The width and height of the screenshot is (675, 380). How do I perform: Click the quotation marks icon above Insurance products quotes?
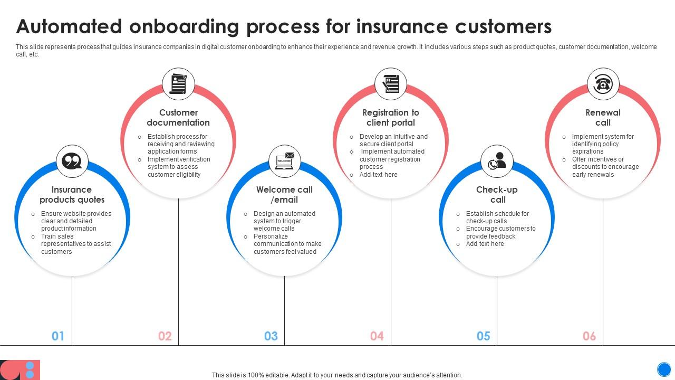tap(72, 161)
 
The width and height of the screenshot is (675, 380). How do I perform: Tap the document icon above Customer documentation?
tap(178, 84)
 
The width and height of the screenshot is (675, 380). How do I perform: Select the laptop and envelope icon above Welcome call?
tap(285, 161)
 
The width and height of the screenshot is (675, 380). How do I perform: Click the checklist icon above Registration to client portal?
tap(391, 84)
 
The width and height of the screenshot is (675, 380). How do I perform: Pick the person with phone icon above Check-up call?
tap(497, 161)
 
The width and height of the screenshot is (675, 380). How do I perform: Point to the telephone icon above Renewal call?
tap(603, 84)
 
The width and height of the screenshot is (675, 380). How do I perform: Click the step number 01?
tap(58, 336)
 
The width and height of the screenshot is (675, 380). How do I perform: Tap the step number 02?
tap(165, 336)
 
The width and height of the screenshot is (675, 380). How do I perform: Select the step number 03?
tap(271, 336)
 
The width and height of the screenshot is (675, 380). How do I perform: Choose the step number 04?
tap(377, 336)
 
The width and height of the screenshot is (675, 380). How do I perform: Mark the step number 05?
tap(484, 336)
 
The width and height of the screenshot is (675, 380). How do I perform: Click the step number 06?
tap(590, 336)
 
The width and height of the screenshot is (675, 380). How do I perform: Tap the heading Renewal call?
tap(603, 118)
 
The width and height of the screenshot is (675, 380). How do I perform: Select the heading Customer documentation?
tap(178, 118)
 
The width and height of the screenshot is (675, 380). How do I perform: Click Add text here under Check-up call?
tap(485, 244)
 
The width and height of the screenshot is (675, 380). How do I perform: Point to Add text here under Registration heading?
tap(378, 175)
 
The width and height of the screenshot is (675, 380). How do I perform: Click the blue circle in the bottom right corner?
tap(664, 369)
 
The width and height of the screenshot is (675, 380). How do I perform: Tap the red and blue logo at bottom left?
tap(20, 369)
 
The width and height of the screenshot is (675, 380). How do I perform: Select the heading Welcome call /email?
tap(284, 195)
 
